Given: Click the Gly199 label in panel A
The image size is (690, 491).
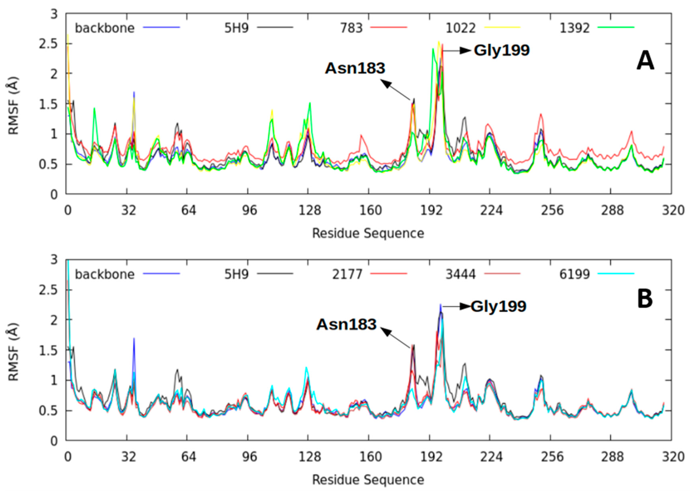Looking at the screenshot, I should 501,50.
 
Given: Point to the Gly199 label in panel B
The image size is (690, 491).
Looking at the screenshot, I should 498,306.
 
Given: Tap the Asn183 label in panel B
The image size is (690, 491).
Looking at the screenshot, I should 346,324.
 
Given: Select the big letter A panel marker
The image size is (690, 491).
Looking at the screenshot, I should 645,61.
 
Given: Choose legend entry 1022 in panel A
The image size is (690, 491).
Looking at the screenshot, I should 460,28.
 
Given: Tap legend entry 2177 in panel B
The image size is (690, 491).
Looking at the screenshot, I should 347,274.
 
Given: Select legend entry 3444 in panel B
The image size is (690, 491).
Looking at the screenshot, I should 460,274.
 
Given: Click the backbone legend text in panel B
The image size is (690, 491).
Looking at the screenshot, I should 105,274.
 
